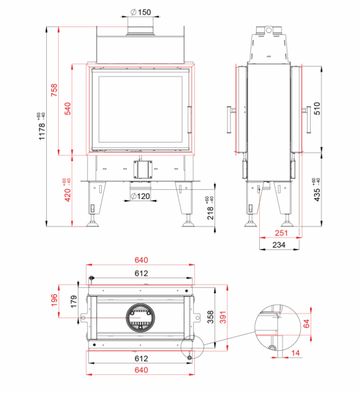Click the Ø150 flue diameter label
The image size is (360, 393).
pos(141,12)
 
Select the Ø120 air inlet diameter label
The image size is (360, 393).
pos(140,196)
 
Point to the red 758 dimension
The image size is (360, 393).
pos(54,90)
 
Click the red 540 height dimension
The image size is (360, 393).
pos(68,109)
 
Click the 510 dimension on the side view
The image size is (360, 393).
pos(317,109)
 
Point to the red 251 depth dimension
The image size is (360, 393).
pos(281,233)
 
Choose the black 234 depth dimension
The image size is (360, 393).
pos(279,245)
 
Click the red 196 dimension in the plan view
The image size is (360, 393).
pos(54,300)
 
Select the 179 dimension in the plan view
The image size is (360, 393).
pos(74,301)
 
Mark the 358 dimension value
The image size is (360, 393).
pos(210,317)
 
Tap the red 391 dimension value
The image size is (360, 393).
pos(223,317)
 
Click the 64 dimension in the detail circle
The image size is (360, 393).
pos(306,324)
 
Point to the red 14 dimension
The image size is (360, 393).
pos(295,353)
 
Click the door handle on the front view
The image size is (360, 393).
pos(190,119)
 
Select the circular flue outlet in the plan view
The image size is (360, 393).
pos(140,317)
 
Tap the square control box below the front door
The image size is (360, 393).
pos(142,170)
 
